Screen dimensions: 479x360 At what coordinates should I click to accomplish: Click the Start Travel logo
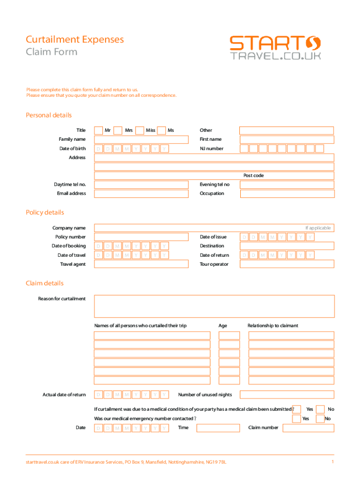pyautogui.click(x=275, y=48)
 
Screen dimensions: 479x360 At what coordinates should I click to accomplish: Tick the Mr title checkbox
pyautogui.click(x=99, y=131)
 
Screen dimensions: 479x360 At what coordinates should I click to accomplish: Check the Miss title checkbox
pyautogui.click(x=139, y=131)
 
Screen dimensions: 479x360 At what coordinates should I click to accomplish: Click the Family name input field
pyautogui.click(x=141, y=139)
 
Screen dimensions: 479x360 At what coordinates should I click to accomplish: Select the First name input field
pyautogui.click(x=287, y=139)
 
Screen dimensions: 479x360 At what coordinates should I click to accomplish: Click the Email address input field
pyautogui.click(x=141, y=194)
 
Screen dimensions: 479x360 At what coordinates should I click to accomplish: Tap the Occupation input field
pyautogui.click(x=287, y=194)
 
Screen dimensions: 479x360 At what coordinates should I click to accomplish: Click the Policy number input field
pyautogui.click(x=141, y=237)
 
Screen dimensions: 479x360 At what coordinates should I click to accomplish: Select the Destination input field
pyautogui.click(x=287, y=246)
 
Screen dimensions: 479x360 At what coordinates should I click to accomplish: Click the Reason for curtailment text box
pyautogui.click(x=214, y=306)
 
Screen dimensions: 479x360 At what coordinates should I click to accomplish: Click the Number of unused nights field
pyautogui.click(x=287, y=395)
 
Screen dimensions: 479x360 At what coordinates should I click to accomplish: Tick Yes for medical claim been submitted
pyautogui.click(x=296, y=409)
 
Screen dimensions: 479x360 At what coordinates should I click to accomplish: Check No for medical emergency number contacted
pyautogui.click(x=320, y=419)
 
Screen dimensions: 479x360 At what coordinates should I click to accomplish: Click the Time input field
pyautogui.click(x=217, y=428)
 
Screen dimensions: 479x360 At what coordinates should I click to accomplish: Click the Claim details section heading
pyautogui.click(x=44, y=283)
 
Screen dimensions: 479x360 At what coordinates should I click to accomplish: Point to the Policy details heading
pyautogui.click(x=45, y=213)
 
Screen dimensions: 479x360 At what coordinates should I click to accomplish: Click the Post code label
pyautogui.click(x=253, y=175)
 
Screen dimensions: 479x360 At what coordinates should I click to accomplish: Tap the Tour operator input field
pyautogui.click(x=287, y=264)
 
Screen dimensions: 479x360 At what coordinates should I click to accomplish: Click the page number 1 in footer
pyautogui.click(x=332, y=462)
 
